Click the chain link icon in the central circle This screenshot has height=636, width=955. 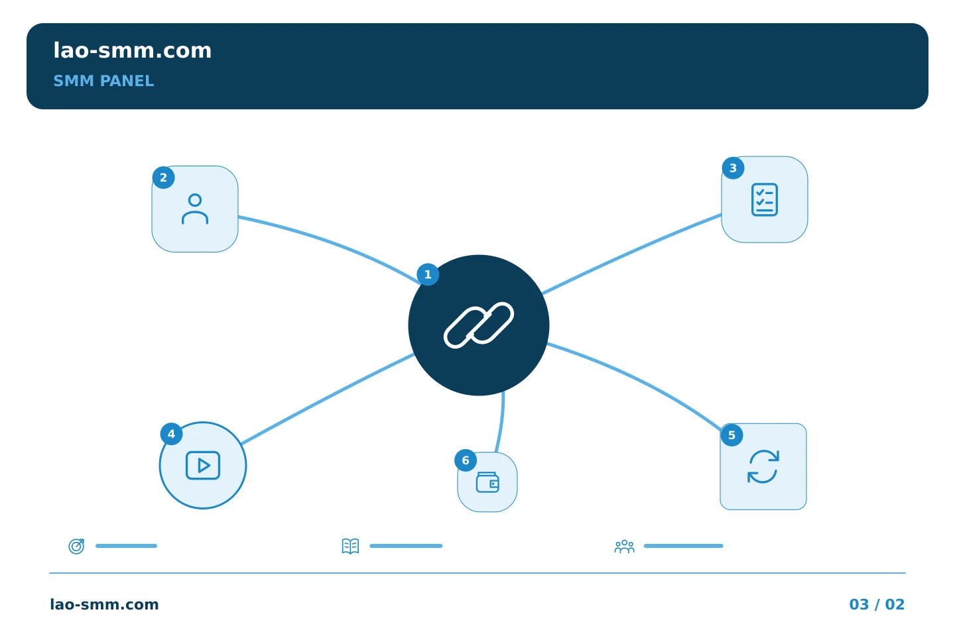tap(478, 325)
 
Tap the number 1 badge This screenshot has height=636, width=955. tap(428, 274)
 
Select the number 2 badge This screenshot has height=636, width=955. tap(163, 178)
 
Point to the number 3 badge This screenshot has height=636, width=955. tap(733, 168)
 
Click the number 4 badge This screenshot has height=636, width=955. tap(171, 434)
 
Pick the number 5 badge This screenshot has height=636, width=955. tap(732, 435)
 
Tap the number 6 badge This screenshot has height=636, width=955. tap(466, 460)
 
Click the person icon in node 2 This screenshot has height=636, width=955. tap(195, 209)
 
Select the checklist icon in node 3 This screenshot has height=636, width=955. tap(765, 200)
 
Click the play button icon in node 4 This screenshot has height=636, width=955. tap(203, 466)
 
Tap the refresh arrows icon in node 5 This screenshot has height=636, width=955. tap(763, 467)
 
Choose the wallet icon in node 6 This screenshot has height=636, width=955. tap(487, 482)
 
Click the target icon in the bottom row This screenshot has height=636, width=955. tap(76, 546)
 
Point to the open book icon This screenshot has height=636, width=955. tap(350, 546)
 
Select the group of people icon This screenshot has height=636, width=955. tap(625, 546)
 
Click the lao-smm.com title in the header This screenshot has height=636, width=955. tap(132, 51)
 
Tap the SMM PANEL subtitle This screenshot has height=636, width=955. tap(103, 81)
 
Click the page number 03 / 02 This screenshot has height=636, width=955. tap(877, 604)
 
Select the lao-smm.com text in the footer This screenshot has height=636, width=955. tap(104, 604)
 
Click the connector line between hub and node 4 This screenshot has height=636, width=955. tap(327, 399)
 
